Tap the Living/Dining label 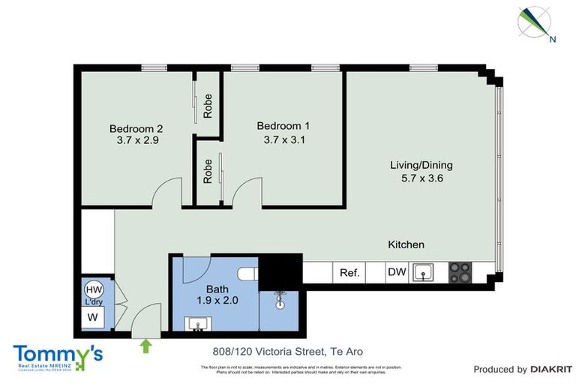coord(421,165)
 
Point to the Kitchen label coord(406,244)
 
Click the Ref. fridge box coord(349,273)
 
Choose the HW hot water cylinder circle coord(94,290)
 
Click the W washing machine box coord(93,317)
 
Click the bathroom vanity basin coord(198,324)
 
